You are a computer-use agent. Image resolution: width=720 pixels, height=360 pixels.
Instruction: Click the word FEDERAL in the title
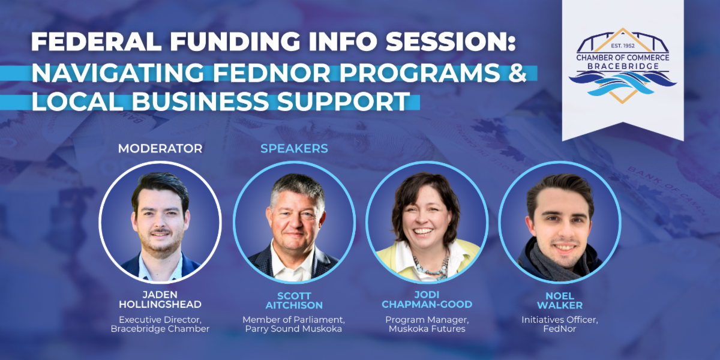coord(96,41)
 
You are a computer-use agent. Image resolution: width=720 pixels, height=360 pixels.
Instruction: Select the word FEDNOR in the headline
coord(272,73)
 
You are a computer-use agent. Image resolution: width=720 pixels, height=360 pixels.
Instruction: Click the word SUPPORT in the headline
coord(343,101)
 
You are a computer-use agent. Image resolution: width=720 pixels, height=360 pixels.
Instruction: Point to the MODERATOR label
coord(160,149)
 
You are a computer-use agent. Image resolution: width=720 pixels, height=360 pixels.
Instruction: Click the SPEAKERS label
coord(294,149)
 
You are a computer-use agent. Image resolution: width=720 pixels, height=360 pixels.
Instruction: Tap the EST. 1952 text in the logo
coord(623,46)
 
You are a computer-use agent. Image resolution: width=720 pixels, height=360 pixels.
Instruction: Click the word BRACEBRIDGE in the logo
coord(622,66)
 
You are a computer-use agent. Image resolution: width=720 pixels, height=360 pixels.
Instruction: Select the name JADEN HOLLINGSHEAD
coord(160,299)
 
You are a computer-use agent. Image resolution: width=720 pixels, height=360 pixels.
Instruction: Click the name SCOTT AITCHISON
coord(294,301)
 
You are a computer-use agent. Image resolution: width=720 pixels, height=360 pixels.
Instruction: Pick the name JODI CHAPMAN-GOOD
coord(427,299)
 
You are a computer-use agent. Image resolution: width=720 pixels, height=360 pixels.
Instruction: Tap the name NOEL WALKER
coord(560,301)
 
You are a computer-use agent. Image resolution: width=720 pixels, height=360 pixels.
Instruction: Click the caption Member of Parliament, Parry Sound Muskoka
coord(293,325)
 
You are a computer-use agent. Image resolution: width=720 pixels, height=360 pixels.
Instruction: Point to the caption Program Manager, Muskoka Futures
coord(427,325)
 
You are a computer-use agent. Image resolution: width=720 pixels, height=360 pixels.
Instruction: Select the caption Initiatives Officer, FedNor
coord(560,325)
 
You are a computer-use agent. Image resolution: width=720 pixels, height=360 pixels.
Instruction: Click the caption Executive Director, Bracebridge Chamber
coord(160,325)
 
